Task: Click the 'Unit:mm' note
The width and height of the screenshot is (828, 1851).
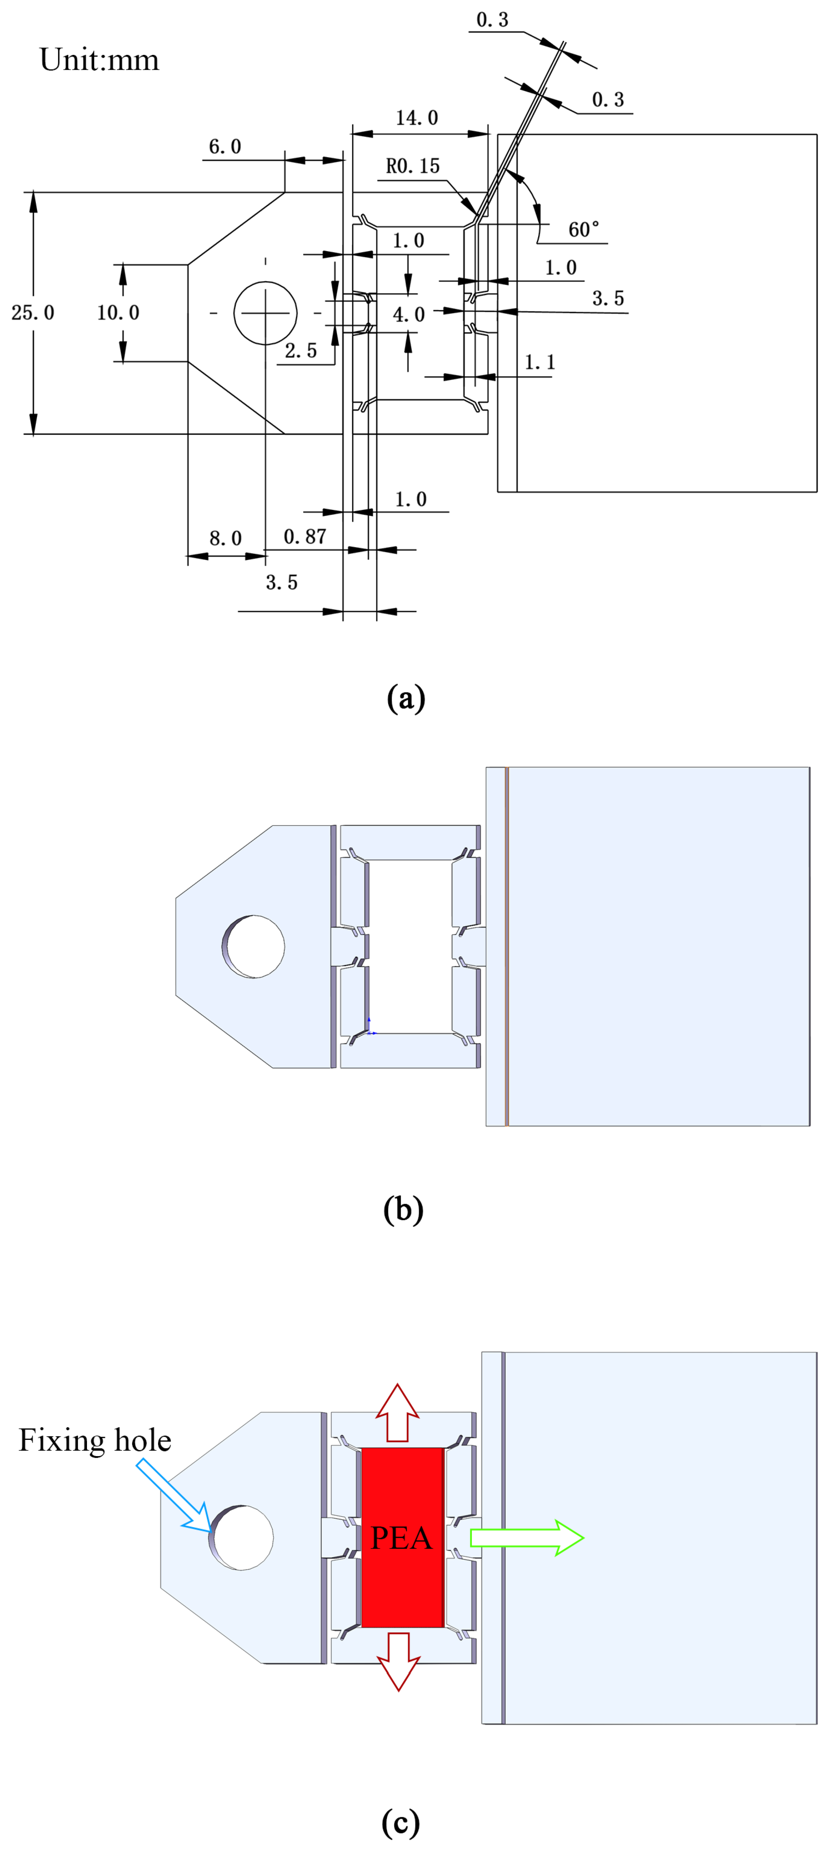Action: click(x=99, y=60)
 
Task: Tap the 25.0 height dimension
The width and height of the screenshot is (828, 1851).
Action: click(x=33, y=312)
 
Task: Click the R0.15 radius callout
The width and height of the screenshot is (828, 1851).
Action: click(x=413, y=167)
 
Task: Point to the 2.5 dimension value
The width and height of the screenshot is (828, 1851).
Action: click(x=300, y=351)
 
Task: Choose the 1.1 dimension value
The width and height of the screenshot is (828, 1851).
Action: click(x=540, y=362)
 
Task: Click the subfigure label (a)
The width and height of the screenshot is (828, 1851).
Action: click(x=406, y=698)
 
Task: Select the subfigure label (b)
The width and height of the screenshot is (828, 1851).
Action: click(x=403, y=1209)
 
